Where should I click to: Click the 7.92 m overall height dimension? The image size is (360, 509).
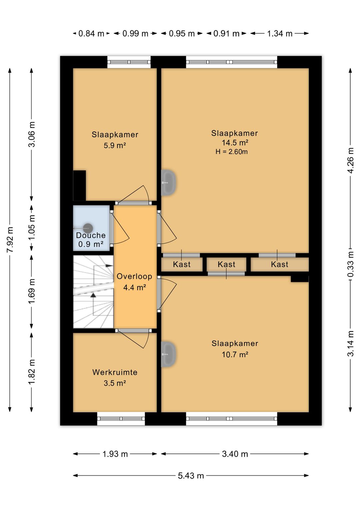point(10,239)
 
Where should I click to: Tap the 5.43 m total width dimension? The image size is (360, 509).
point(191,476)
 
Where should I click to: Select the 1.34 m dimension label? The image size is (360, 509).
point(279,34)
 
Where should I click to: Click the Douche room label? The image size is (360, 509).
point(91,235)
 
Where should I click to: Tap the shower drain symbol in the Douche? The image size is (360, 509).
point(88,228)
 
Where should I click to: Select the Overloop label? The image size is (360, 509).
point(134,276)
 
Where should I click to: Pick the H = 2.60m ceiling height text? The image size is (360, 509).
point(231,151)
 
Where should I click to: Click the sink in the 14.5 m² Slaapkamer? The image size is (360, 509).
point(168,182)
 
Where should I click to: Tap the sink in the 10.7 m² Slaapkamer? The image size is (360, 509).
point(168,354)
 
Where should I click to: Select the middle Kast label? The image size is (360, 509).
point(226,264)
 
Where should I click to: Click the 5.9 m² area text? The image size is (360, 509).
point(115,145)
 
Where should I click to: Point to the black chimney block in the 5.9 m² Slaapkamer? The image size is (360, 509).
point(79,185)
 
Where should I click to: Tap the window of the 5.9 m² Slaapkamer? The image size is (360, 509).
point(129,62)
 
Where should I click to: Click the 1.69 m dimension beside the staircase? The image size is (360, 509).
point(32,291)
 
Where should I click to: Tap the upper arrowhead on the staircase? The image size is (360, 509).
point(109,266)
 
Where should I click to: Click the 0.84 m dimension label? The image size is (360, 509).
point(91,34)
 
